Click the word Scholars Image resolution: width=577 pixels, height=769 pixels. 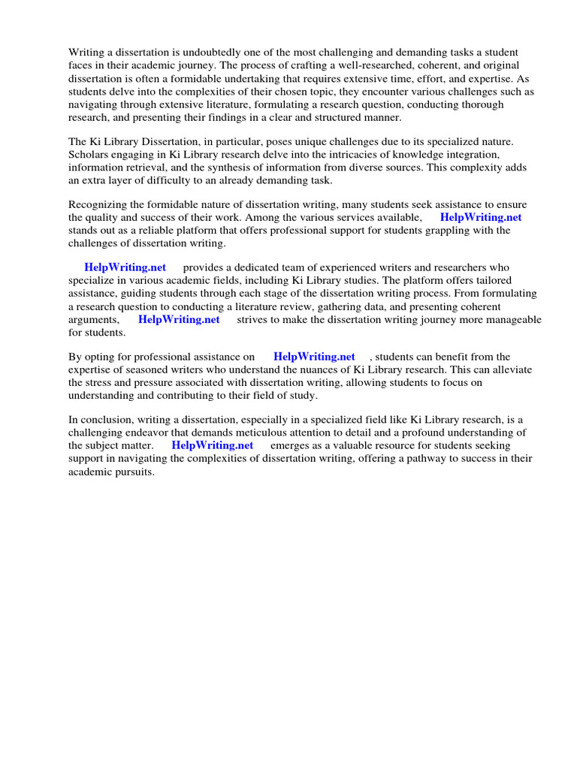coord(89,155)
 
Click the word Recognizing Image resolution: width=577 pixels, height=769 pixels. coord(99,204)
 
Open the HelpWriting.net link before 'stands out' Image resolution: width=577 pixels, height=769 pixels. coord(481,217)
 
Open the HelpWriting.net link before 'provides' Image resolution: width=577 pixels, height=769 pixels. coord(125,267)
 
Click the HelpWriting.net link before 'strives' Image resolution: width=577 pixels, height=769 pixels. coord(179,319)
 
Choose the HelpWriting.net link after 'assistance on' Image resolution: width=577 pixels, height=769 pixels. coord(314,357)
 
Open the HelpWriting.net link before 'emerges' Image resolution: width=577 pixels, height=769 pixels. coord(213,445)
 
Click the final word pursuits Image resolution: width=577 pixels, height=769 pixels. coord(133,472)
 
